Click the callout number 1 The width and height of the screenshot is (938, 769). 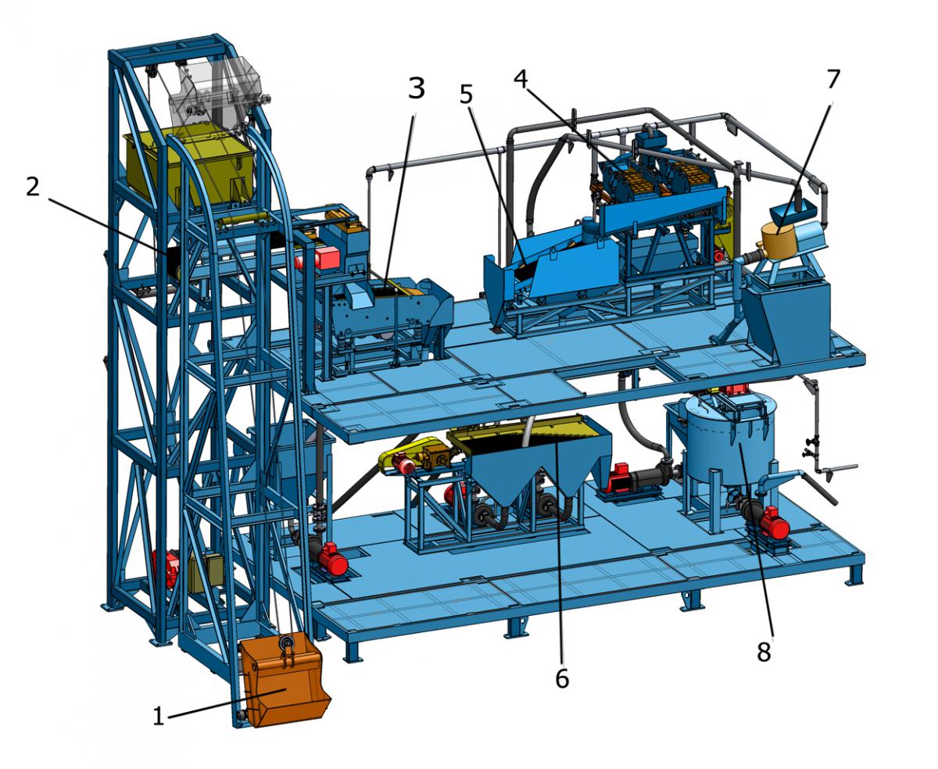(x=159, y=717)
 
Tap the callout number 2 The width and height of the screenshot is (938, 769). (x=33, y=188)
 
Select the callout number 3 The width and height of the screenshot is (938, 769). (x=417, y=89)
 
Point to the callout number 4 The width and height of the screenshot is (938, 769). (x=521, y=80)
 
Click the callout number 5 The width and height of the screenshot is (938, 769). (x=466, y=95)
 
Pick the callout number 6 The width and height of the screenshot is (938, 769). (x=562, y=679)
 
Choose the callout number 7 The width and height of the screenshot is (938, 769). (x=833, y=79)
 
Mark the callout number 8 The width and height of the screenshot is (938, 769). (x=764, y=653)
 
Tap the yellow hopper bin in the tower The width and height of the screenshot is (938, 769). (x=189, y=166)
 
